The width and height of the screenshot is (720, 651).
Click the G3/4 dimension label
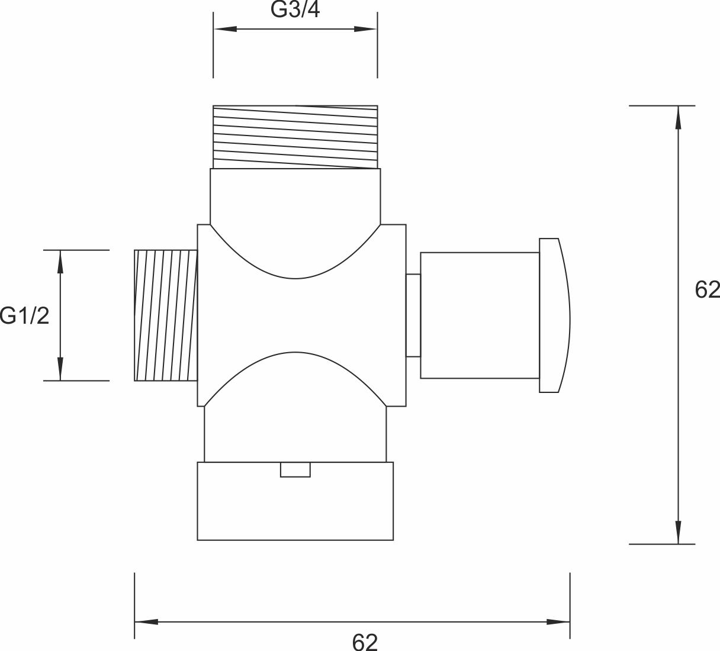pos(295,10)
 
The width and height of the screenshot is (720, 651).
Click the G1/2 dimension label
pos(24,316)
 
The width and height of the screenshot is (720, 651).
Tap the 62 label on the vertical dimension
pos(708,289)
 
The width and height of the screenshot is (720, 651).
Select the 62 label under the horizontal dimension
pos(365,642)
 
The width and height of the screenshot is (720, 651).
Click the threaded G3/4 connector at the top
pos(295,137)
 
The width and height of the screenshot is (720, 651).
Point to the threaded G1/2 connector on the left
pos(165,315)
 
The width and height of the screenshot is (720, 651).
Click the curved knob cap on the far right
pos(555,315)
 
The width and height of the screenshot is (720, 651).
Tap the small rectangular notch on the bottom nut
pos(295,469)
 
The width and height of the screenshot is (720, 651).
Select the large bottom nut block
pos(295,501)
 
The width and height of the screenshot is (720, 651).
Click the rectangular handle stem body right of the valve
pos(480,315)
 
